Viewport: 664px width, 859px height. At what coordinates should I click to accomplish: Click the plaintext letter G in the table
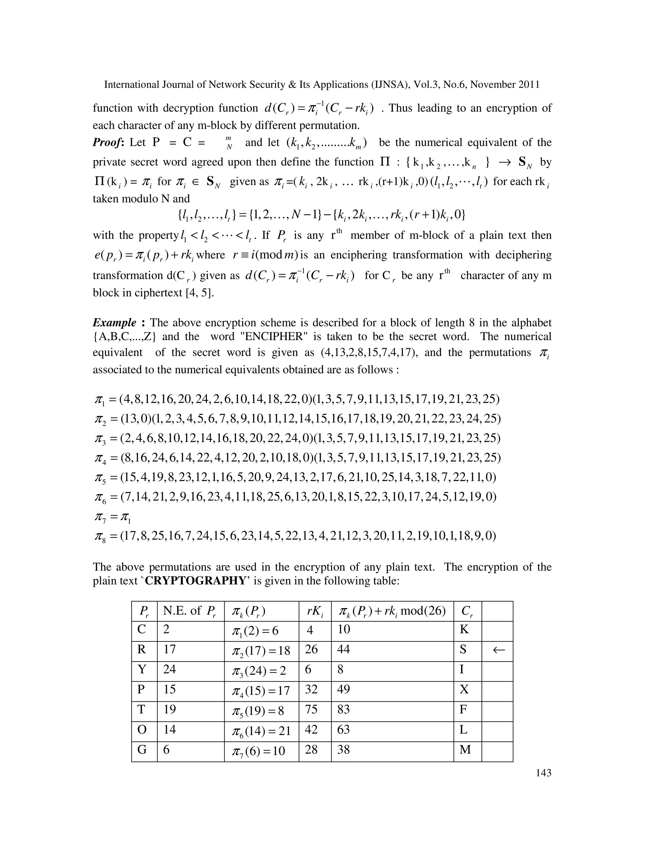point(142,750)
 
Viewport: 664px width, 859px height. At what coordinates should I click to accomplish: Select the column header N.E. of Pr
point(190,611)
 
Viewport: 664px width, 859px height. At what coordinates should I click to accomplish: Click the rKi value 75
point(311,710)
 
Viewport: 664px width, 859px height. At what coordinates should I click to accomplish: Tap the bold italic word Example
point(114,323)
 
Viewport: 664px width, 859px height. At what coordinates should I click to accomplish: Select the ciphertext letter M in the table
point(465,750)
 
